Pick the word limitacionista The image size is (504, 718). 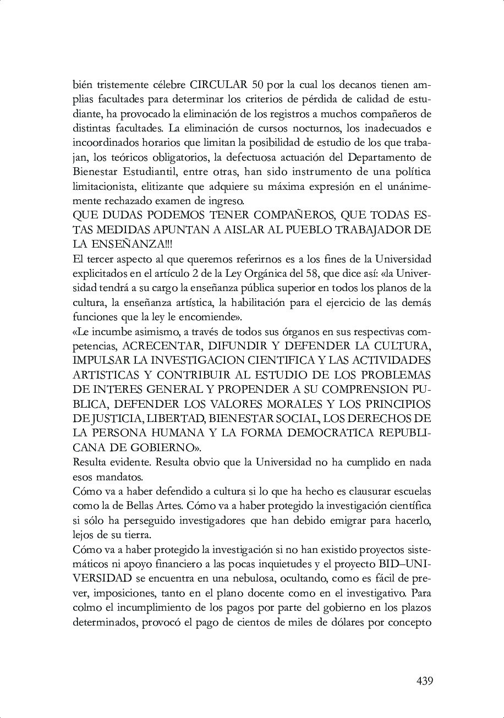tap(101, 187)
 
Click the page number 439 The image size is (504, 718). tap(424, 681)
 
